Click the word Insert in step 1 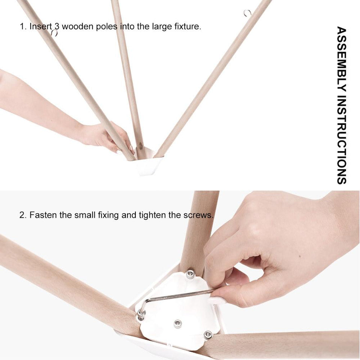41,26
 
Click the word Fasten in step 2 43,215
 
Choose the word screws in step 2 198,215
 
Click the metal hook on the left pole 54,33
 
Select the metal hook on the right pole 247,13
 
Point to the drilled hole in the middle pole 140,145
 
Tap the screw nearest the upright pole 190,274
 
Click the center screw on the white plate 177,324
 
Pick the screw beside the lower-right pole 208,334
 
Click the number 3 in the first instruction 57,26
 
